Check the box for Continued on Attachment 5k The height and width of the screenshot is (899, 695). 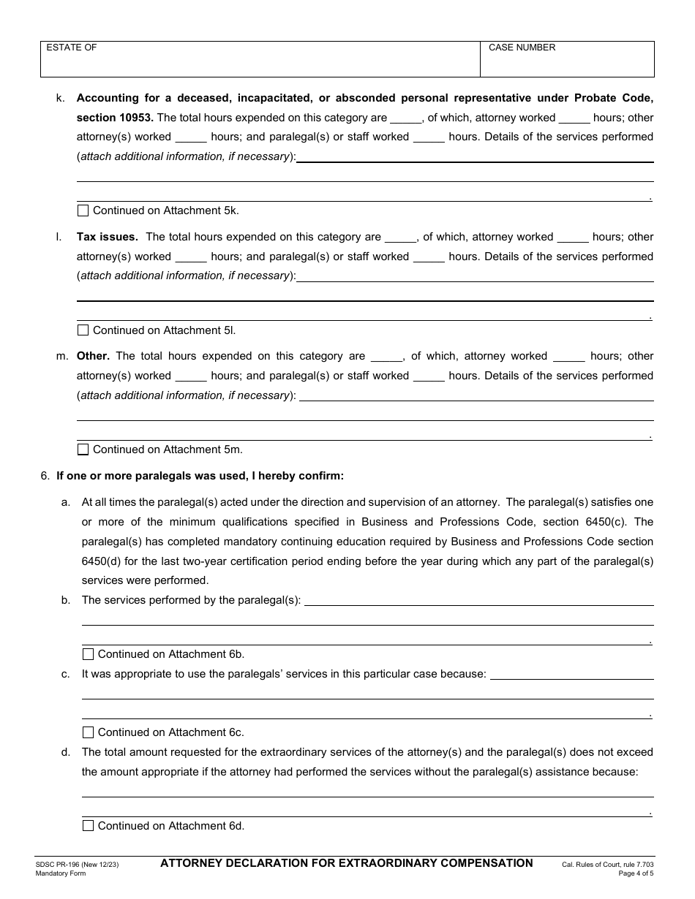coord(83,210)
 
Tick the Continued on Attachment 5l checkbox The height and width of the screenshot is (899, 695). coord(83,330)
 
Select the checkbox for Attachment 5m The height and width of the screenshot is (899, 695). coord(83,449)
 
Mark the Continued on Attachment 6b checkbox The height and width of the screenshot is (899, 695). coord(88,654)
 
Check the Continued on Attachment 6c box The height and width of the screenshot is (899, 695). coord(88,732)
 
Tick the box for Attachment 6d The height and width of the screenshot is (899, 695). coord(88,826)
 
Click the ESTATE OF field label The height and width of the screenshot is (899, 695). coord(72,48)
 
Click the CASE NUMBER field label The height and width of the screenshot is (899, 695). coord(522,48)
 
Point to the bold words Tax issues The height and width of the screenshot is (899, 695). coord(107,237)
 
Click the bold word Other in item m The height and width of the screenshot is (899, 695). coord(93,356)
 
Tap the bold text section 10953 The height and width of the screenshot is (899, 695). coord(115,118)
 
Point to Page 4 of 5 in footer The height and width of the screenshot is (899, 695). coord(636,873)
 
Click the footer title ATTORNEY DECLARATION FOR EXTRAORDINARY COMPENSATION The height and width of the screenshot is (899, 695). coord(347,863)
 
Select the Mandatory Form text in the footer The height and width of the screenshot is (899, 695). coord(60,873)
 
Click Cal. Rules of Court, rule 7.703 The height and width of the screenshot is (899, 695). coord(607,865)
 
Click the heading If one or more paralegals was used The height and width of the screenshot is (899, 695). coord(200,476)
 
